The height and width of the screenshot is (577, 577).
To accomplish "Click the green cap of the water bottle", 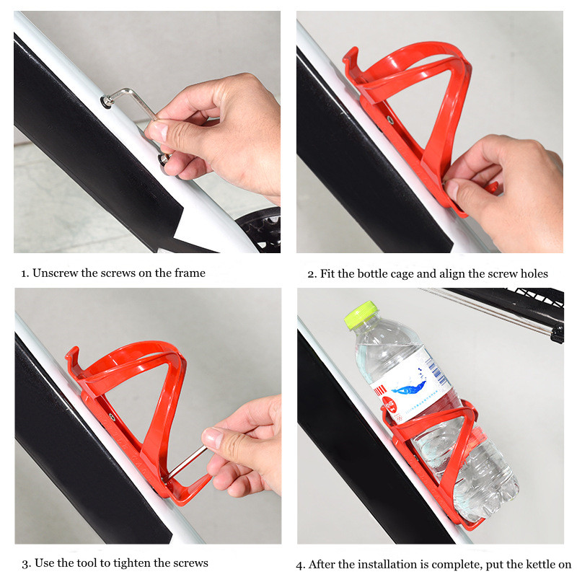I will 361,315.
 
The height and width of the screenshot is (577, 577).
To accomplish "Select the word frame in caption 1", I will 189,273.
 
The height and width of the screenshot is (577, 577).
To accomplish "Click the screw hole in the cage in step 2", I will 390,118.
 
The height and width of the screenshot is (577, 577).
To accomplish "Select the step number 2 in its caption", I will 311,273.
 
